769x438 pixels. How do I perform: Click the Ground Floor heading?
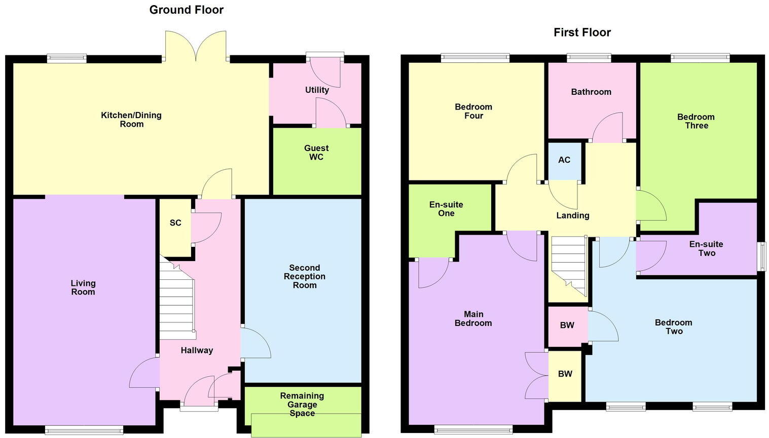pyautogui.click(x=186, y=10)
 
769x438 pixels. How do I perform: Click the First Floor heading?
pyautogui.click(x=582, y=32)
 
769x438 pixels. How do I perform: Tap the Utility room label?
pyautogui.click(x=317, y=90)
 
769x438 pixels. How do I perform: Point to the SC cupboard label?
pyautogui.click(x=175, y=223)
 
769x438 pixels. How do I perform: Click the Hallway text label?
pyautogui.click(x=197, y=350)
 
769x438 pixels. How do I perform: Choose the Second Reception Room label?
pyautogui.click(x=304, y=276)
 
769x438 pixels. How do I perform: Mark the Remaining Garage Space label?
pyautogui.click(x=302, y=405)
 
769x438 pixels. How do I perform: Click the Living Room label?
pyautogui.click(x=83, y=287)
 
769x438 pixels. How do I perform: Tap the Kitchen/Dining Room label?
pyautogui.click(x=131, y=120)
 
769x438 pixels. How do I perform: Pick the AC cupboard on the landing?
pyautogui.click(x=564, y=160)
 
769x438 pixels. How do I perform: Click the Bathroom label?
pyautogui.click(x=591, y=92)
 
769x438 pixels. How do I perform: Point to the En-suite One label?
pyautogui.click(x=446, y=209)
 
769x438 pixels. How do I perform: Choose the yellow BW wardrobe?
pyautogui.click(x=565, y=374)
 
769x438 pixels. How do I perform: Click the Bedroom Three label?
pyautogui.click(x=695, y=121)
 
